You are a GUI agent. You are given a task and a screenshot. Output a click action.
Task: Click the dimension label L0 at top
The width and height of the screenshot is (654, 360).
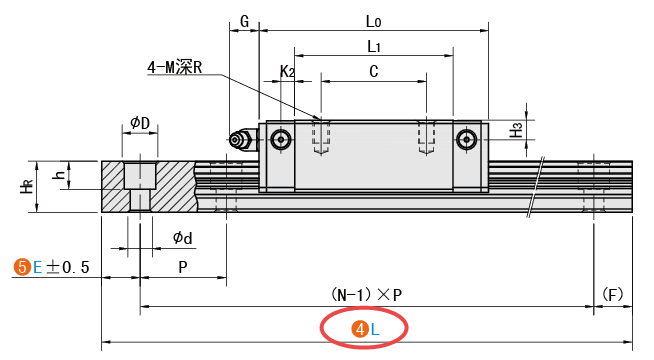[x=373, y=20]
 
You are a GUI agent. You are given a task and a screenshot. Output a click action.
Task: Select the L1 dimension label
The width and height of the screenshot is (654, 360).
[x=373, y=46]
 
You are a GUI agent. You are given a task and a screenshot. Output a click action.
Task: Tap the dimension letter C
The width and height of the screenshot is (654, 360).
[x=373, y=71]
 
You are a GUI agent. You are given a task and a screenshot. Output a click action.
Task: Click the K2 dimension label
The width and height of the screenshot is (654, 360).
[x=286, y=71]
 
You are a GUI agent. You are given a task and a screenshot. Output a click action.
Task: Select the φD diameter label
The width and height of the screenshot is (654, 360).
[x=140, y=123]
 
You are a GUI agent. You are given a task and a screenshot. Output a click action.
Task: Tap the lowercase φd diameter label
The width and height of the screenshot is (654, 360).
[x=183, y=237]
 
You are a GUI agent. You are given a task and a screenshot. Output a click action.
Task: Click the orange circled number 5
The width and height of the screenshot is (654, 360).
[x=21, y=267]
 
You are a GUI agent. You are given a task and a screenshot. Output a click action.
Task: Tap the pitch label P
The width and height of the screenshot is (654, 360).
[x=182, y=267]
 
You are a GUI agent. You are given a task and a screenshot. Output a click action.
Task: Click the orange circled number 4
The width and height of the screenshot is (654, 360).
[x=356, y=328]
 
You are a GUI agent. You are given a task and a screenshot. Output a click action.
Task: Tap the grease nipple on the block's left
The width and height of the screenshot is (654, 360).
[x=238, y=140]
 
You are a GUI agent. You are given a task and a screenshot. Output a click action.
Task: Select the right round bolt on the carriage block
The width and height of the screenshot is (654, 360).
[x=465, y=139]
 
